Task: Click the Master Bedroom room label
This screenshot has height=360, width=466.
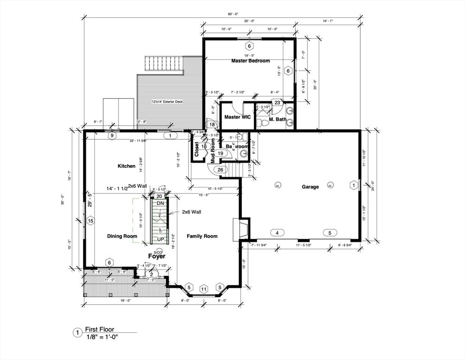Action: pyautogui.click(x=250, y=61)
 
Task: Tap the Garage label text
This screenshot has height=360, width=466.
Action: pyautogui.click(x=310, y=187)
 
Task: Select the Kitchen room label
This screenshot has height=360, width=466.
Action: pyautogui.click(x=127, y=166)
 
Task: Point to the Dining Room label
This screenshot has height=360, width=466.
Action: pyautogui.click(x=122, y=236)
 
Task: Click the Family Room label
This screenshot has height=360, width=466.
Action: pyautogui.click(x=202, y=236)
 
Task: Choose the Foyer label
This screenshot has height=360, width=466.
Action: pyautogui.click(x=157, y=256)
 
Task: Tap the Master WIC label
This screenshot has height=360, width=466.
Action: pyautogui.click(x=237, y=117)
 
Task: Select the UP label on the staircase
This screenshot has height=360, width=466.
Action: pyautogui.click(x=160, y=239)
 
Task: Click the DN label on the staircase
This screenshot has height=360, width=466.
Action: pyautogui.click(x=160, y=203)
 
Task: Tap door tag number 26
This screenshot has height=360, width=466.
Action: pyautogui.click(x=220, y=169)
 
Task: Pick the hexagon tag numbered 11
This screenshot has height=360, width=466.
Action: pyautogui.click(x=204, y=289)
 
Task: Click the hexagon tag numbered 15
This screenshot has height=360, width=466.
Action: pyautogui.click(x=91, y=221)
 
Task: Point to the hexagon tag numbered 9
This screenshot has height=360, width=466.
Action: pyautogui.click(x=112, y=135)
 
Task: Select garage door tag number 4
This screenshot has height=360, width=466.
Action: pyautogui.click(x=277, y=232)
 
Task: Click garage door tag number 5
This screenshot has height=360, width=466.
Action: pyautogui.click(x=330, y=232)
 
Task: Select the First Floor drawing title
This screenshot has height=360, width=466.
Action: pyautogui.click(x=99, y=330)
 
